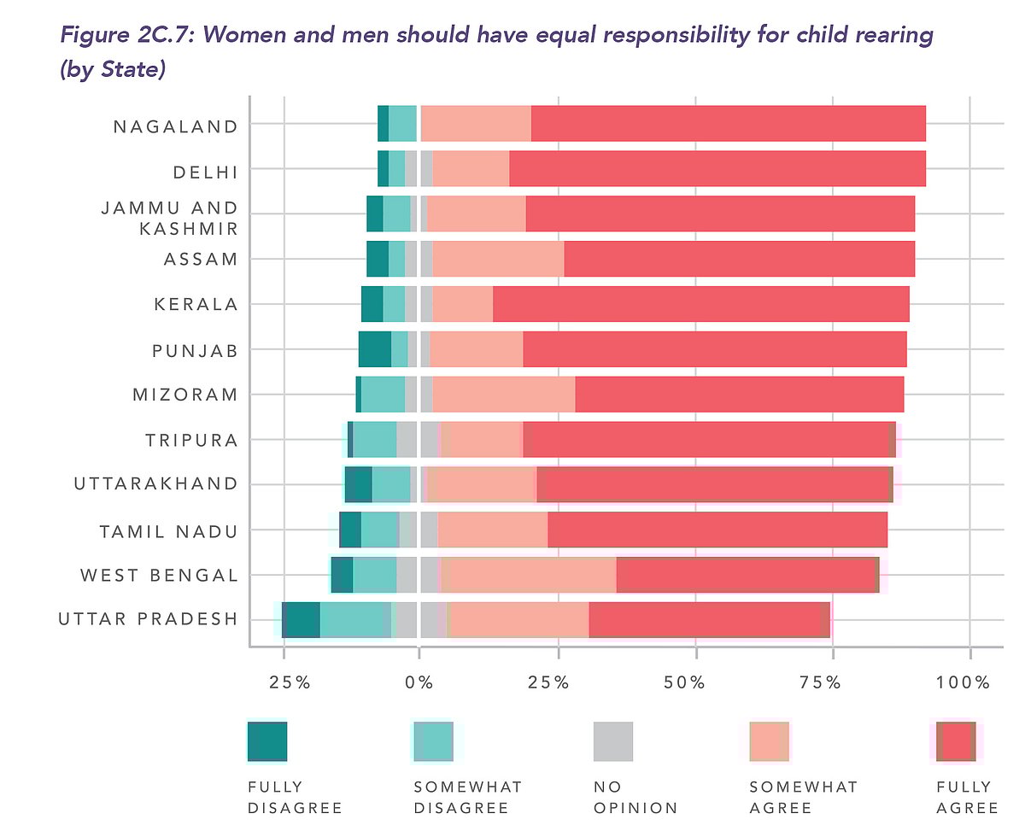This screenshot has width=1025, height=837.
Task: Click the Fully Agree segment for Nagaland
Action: click(728, 124)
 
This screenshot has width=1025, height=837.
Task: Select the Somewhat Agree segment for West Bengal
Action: click(529, 575)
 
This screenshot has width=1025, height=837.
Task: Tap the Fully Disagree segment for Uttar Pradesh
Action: click(301, 620)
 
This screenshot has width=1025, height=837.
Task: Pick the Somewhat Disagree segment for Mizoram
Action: click(383, 395)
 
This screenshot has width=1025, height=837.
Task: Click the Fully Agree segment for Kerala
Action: click(700, 304)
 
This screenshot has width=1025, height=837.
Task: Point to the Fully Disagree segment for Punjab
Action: click(374, 349)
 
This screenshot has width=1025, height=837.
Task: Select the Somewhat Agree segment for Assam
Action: click(498, 259)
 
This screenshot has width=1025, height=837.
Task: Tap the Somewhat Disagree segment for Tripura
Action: click(374, 440)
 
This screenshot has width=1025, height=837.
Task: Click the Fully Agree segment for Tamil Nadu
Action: click(717, 530)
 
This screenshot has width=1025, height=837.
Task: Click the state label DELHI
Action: click(205, 172)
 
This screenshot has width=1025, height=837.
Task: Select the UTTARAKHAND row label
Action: click(155, 484)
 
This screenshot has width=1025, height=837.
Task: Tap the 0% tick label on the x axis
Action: click(419, 682)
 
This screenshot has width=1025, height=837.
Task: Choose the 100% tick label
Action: click(963, 682)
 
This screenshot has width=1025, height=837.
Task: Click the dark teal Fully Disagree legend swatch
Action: click(266, 741)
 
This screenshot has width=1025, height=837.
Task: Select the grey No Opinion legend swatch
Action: click(612, 741)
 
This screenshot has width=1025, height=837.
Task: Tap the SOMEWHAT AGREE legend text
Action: click(803, 797)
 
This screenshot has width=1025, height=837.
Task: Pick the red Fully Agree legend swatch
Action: click(956, 741)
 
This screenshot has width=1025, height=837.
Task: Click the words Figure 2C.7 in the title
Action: click(128, 36)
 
